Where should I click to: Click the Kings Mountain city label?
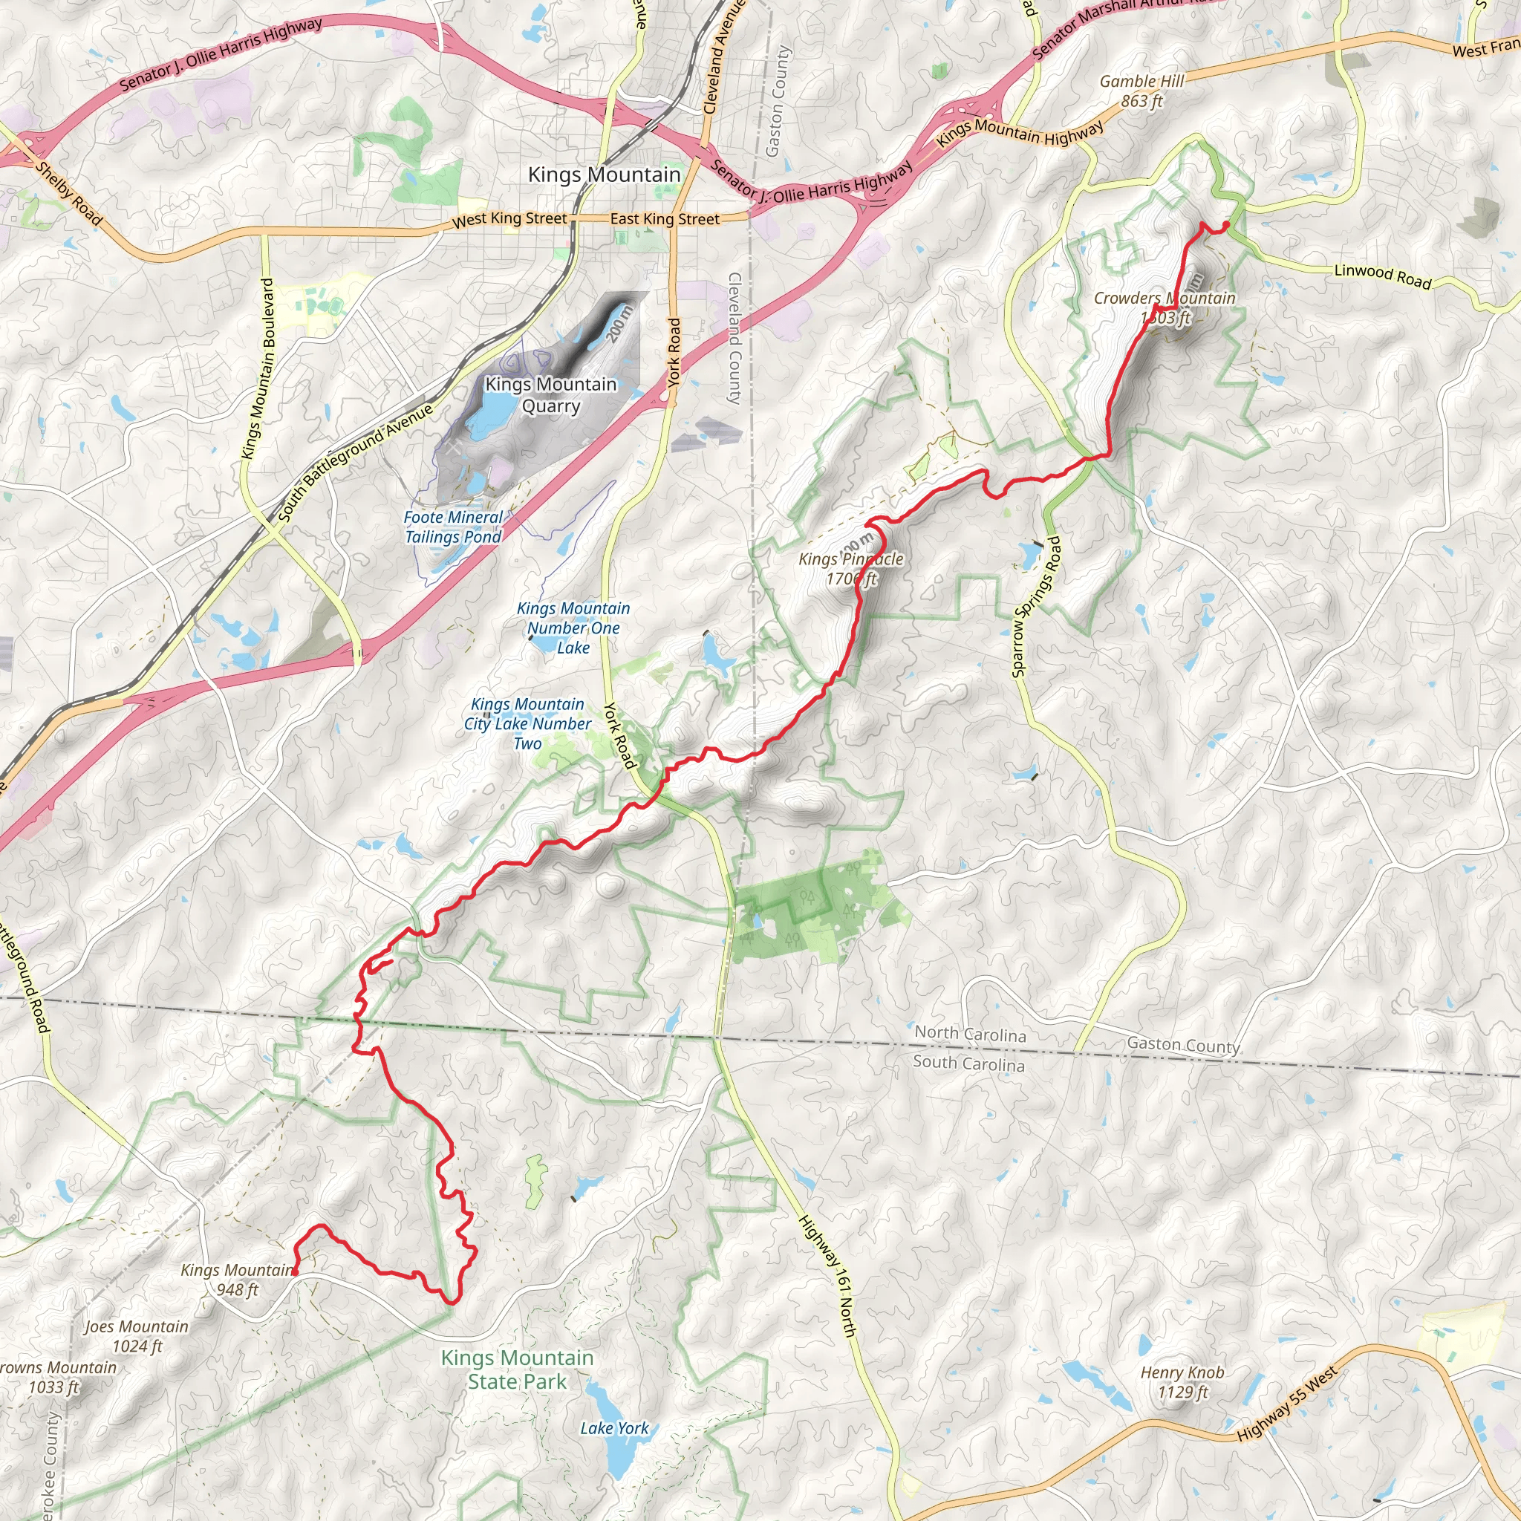click(x=604, y=175)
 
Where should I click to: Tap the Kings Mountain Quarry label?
click(x=550, y=395)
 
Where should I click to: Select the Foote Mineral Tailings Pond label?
click(x=453, y=527)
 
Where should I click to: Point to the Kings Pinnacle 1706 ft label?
click(x=851, y=568)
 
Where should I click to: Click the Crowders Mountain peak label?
click(x=1165, y=307)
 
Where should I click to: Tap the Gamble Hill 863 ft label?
click(x=1141, y=91)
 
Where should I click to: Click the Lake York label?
click(x=614, y=1428)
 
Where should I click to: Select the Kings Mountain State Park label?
click(x=517, y=1369)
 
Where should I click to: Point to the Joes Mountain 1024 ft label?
click(x=137, y=1336)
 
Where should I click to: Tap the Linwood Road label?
click(x=1382, y=276)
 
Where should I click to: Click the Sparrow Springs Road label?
click(x=1036, y=606)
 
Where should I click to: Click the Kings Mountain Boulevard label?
click(x=258, y=368)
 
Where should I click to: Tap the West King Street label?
click(x=509, y=220)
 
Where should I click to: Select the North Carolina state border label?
click(x=970, y=1034)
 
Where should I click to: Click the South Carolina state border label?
click(x=968, y=1064)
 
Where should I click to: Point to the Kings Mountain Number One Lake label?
click(x=573, y=628)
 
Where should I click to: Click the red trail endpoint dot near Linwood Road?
click(x=1225, y=225)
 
